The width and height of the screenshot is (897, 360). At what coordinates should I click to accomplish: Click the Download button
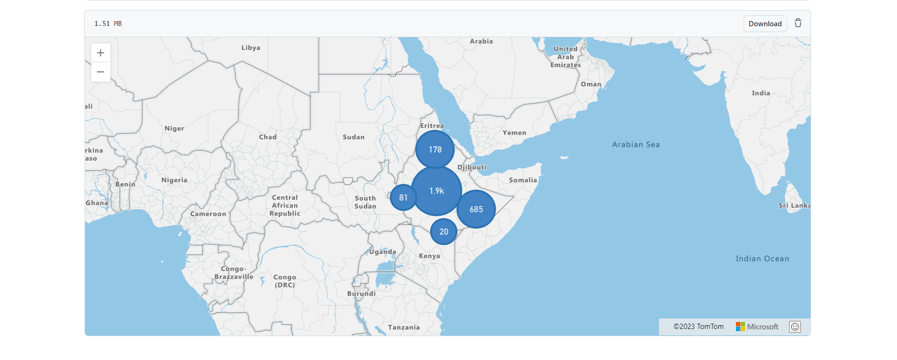click(765, 24)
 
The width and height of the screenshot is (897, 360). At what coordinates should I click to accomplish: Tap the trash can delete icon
click(798, 23)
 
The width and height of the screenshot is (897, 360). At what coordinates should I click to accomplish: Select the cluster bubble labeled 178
click(435, 149)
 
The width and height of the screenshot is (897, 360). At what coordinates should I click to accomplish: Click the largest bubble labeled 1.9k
click(436, 191)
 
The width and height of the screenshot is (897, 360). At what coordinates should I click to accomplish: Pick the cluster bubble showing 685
click(476, 209)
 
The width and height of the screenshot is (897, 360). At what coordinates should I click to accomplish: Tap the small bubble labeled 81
click(403, 198)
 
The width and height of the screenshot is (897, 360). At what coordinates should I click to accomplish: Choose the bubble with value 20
click(443, 232)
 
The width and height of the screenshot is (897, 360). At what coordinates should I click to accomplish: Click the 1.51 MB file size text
click(108, 24)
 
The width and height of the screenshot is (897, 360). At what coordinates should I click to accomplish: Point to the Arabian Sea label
click(636, 145)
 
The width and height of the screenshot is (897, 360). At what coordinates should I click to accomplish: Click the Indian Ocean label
click(762, 259)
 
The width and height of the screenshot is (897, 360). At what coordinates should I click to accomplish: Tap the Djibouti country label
click(472, 167)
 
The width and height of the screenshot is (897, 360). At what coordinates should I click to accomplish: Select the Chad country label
click(268, 137)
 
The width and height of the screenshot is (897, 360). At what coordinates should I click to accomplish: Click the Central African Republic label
click(285, 206)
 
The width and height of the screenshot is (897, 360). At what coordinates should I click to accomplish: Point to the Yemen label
click(514, 133)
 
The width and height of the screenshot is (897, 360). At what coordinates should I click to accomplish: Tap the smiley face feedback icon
click(795, 327)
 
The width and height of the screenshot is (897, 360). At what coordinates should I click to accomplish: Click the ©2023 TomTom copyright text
click(698, 327)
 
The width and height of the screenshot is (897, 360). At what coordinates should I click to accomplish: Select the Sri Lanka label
click(794, 206)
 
